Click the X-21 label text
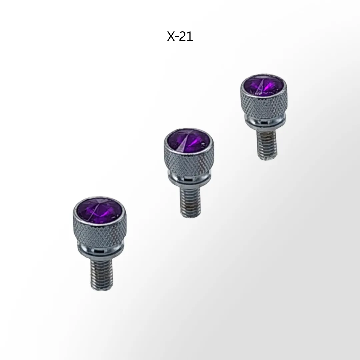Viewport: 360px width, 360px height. click(x=180, y=36)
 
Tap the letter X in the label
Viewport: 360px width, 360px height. click(x=171, y=36)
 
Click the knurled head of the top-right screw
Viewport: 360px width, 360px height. click(x=263, y=102)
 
